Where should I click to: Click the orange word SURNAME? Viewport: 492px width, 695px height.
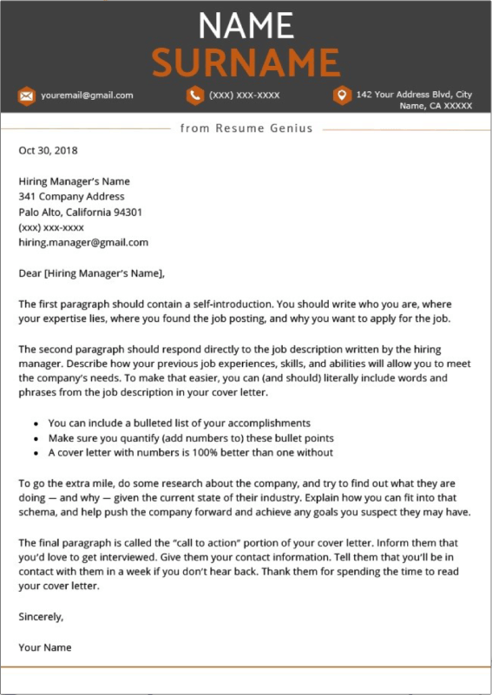246,62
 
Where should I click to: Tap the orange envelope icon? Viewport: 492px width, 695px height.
26,95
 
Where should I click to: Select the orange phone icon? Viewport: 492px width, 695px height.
194,95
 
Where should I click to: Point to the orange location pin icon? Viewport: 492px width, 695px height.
342,95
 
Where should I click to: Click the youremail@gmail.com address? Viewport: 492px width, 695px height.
87,95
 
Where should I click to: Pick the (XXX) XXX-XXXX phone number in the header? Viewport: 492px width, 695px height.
244,95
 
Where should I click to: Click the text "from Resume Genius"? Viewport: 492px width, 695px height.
246,128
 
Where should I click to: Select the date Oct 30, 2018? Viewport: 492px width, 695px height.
48,150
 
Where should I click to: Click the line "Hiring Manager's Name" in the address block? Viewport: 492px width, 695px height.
74,181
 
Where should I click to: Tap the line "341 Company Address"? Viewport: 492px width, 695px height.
71,197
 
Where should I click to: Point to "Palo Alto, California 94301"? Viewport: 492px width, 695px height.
81,212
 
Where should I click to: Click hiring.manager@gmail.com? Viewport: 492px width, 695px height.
83,242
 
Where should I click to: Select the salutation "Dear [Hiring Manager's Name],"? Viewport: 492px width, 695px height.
91,273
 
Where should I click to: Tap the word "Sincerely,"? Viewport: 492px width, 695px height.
41,616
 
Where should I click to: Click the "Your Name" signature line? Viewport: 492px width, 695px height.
45,647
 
